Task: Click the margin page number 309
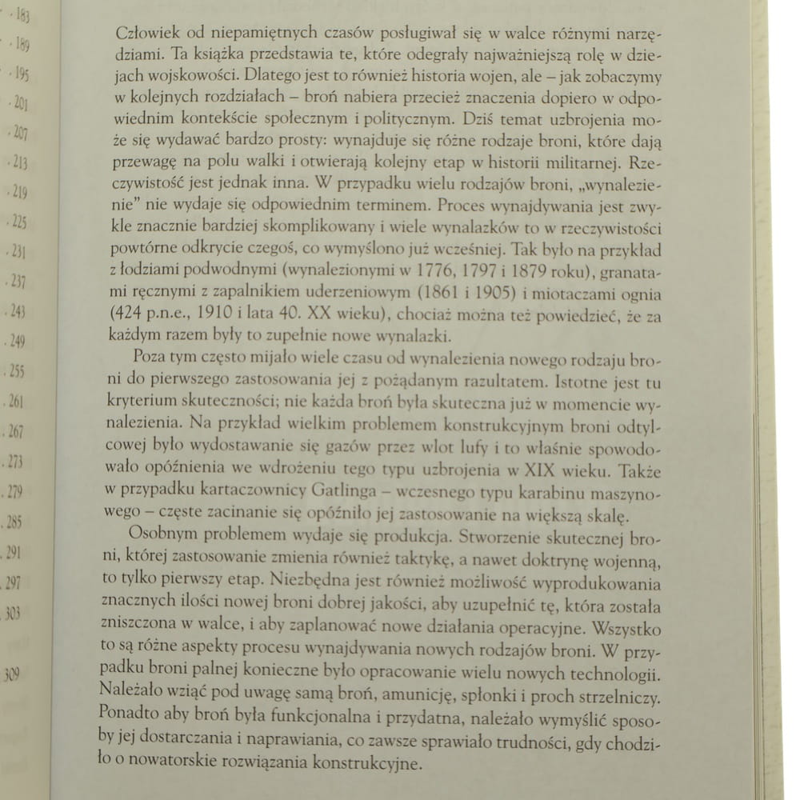point(11,674)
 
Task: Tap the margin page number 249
point(17,343)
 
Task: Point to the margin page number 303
point(13,614)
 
